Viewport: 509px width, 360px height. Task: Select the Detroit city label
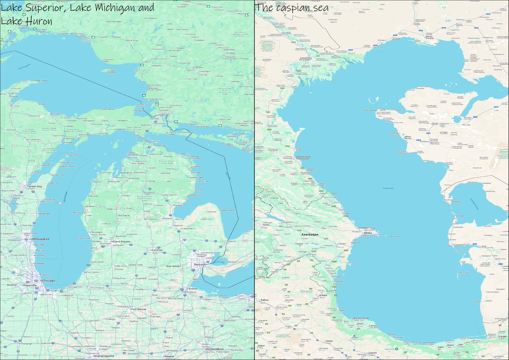tap(199, 265)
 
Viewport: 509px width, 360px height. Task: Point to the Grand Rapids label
tap(120, 242)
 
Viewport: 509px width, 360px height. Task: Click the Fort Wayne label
tap(139, 309)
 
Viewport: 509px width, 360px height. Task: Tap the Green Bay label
tap(35, 186)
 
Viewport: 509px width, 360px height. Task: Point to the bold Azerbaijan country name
tap(310, 234)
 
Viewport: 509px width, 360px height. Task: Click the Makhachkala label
tap(303, 158)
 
